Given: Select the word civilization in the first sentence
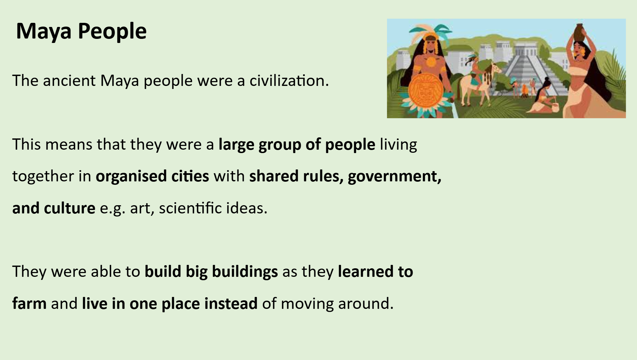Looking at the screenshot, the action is pyautogui.click(x=289, y=81).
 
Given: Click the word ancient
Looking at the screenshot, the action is pyautogui.click(x=69, y=81).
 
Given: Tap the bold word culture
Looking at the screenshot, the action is pyautogui.click(x=70, y=208).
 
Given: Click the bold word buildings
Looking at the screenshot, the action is pyautogui.click(x=245, y=272).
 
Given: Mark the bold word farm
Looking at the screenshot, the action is pyautogui.click(x=29, y=303).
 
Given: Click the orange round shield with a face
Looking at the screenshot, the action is pyautogui.click(x=426, y=90).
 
